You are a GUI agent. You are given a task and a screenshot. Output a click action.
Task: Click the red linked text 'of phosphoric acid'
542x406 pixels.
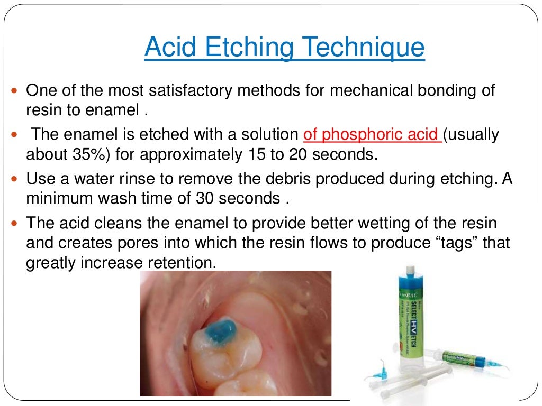[x=372, y=135]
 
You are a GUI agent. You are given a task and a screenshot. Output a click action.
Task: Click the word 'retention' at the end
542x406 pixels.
[x=177, y=262]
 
